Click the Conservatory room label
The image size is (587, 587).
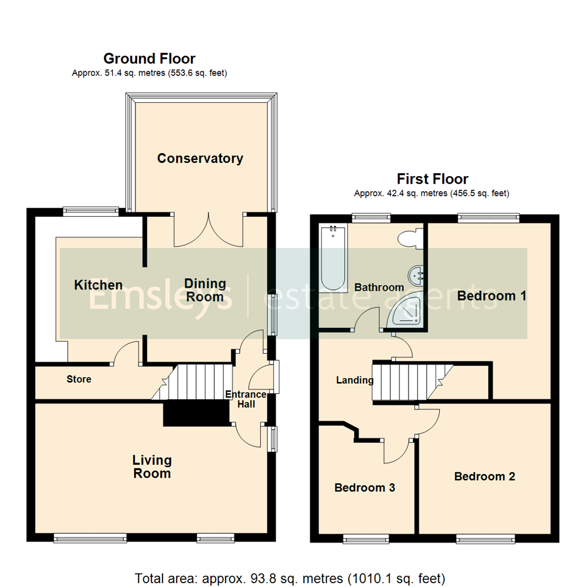pyautogui.click(x=200, y=159)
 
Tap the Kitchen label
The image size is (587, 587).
pyautogui.click(x=98, y=285)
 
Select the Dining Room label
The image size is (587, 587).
pyautogui.click(x=205, y=290)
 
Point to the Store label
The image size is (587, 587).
pyautogui.click(x=79, y=379)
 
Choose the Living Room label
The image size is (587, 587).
pyautogui.click(x=152, y=467)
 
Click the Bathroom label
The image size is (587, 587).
pyautogui.click(x=379, y=287)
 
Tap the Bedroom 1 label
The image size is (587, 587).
pyautogui.click(x=492, y=296)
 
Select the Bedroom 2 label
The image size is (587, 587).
pyautogui.click(x=485, y=477)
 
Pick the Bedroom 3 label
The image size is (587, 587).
pyautogui.click(x=364, y=488)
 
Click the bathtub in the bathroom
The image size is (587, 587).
pyautogui.click(x=333, y=259)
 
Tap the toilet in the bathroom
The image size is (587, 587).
pyautogui.click(x=409, y=239)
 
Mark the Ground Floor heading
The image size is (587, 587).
pyautogui.click(x=149, y=59)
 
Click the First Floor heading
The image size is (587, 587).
pyautogui.click(x=432, y=179)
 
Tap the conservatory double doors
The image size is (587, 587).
pyautogui.click(x=208, y=231)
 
